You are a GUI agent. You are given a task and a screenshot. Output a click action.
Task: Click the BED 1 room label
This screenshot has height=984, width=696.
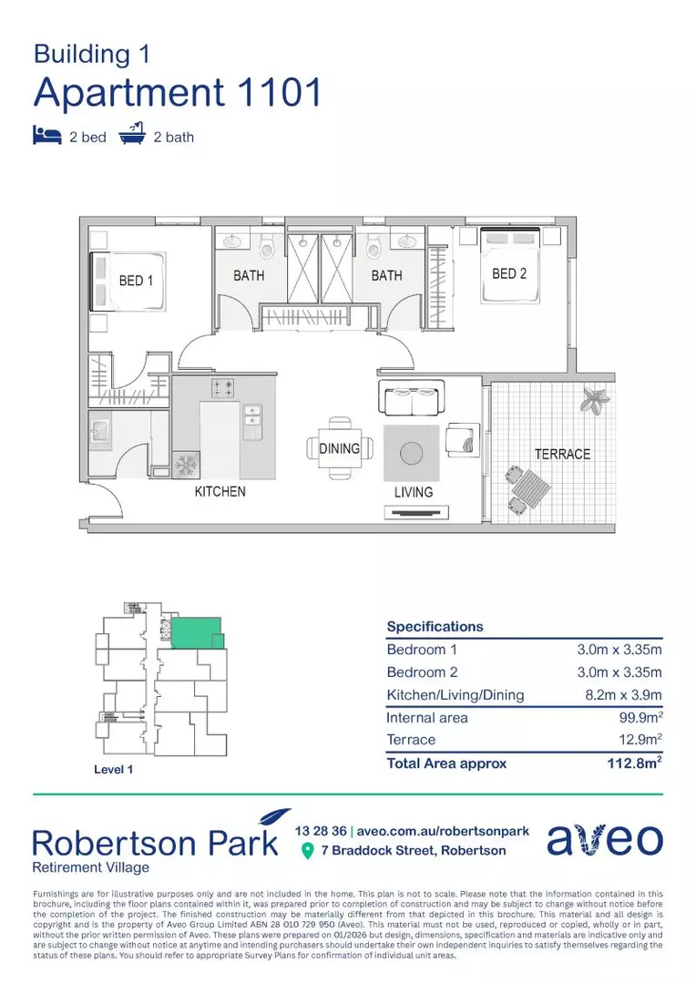[136, 281]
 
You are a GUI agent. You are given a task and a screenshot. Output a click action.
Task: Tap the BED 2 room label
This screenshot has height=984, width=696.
[509, 273]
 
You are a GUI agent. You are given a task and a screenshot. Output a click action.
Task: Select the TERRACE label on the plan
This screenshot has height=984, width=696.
[562, 454]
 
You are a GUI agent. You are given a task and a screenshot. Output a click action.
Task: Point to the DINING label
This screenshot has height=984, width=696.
[339, 449]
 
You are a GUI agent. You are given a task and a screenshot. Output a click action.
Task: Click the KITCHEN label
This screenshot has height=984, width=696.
[220, 492]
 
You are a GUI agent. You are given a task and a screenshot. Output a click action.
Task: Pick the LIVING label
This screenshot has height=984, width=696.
[413, 492]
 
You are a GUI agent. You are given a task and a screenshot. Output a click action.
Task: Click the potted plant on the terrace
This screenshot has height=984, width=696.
[597, 399]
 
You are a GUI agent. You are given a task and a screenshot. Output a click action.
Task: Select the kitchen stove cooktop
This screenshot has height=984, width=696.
[222, 388]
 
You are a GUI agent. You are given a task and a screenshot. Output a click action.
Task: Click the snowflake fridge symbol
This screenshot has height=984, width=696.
[186, 465]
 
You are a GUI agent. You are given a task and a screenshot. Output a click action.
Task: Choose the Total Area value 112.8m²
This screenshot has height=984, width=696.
[634, 764]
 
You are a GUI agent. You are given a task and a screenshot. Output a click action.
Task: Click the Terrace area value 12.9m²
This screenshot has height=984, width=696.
[640, 740]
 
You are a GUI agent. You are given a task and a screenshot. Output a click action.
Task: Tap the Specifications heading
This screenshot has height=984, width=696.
[435, 627]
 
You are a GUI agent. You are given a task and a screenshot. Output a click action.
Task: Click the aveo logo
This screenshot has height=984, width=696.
[605, 841]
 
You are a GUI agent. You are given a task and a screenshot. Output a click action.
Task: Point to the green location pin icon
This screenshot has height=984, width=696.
[308, 851]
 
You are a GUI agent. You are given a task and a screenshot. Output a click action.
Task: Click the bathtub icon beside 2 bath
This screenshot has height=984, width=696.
[133, 135]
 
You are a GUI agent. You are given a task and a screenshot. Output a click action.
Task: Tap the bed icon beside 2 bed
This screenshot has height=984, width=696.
[46, 136]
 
